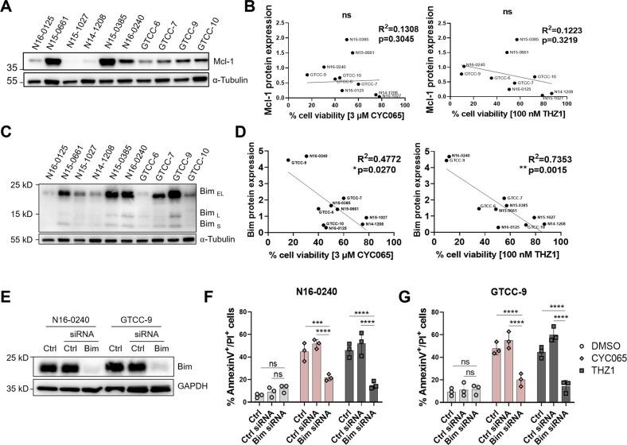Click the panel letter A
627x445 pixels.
click(x=7, y=7)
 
